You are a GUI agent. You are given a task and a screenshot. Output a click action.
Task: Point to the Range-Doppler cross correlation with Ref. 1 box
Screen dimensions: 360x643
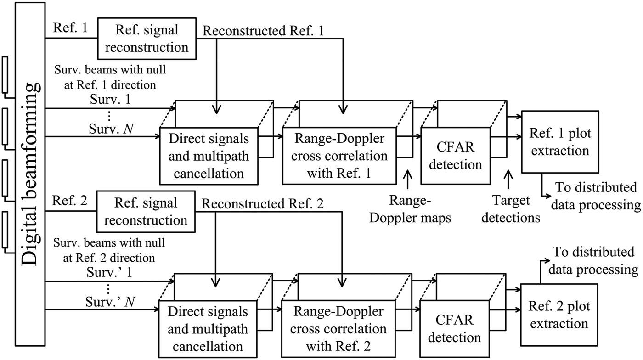(340, 156)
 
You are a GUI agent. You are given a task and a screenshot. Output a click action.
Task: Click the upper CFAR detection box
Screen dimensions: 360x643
(455, 156)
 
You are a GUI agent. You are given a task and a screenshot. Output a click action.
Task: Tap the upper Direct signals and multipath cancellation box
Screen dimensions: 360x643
(209, 156)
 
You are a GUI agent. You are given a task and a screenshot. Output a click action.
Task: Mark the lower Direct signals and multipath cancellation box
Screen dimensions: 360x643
(209, 330)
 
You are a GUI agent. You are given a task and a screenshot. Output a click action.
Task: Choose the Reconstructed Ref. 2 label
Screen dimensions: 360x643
(263, 203)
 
